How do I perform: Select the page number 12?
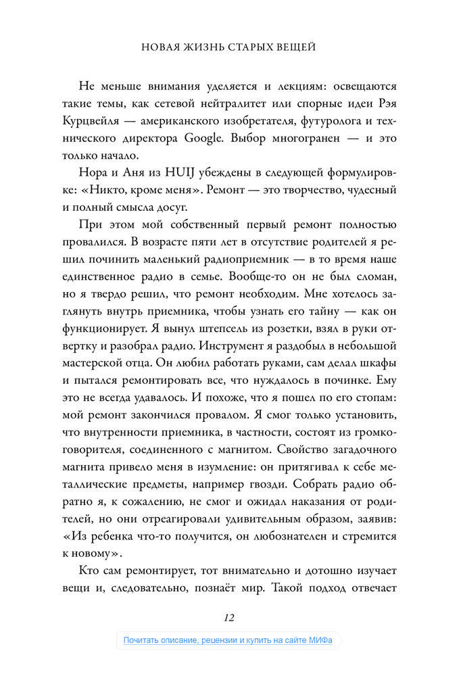pyautogui.click(x=228, y=617)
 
